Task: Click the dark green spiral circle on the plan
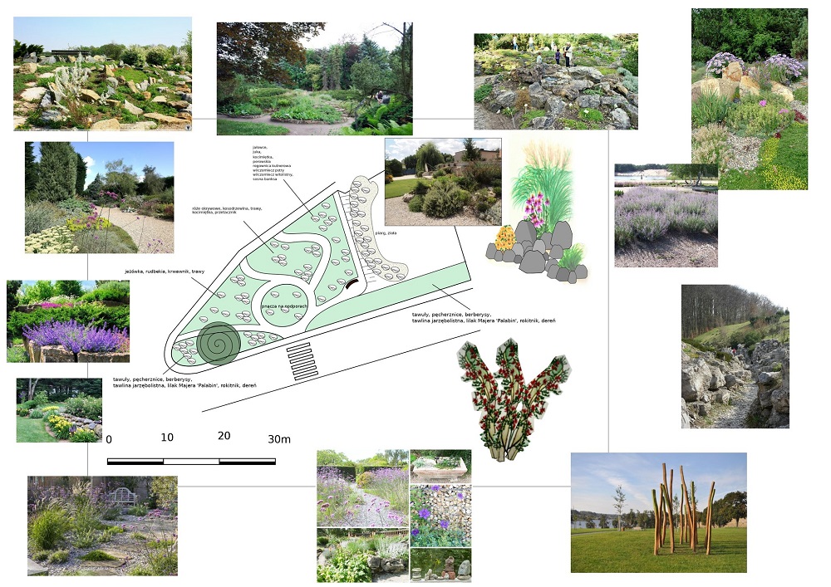point(219,344)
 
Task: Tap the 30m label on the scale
point(278,438)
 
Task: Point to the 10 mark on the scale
point(166,438)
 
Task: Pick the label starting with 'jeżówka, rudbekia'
point(162,271)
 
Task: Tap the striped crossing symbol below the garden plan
point(302,361)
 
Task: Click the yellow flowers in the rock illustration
point(504,239)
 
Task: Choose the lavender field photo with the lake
point(666,215)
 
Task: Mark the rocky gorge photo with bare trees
point(735,357)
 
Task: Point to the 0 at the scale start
point(109,439)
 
